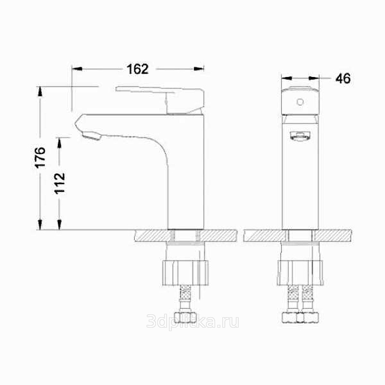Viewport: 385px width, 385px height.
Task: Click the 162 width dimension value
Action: coord(138,69)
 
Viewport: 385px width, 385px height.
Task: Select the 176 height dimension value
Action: coord(40,157)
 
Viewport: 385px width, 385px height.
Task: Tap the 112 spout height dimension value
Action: coord(60,183)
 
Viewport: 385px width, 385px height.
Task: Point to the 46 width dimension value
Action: coord(343,78)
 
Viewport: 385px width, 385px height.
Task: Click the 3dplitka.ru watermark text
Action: coord(193,321)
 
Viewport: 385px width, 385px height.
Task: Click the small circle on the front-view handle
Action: coord(300,102)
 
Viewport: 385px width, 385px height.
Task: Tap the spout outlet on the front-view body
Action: coord(300,136)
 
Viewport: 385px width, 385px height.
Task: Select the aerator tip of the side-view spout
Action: coord(91,135)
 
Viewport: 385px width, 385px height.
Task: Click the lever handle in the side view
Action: coord(160,100)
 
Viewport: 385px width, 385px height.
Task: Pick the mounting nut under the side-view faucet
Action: coord(185,273)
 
